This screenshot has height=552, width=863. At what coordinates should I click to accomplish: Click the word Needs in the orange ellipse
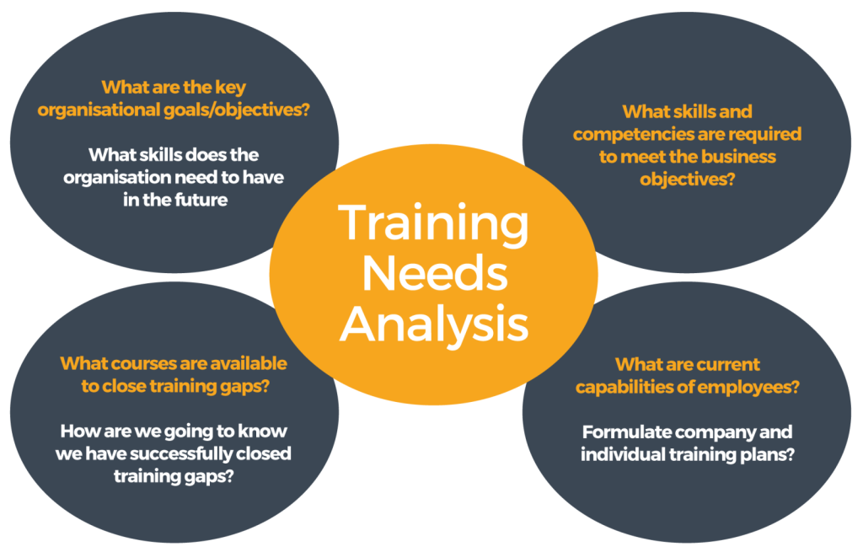point(435,274)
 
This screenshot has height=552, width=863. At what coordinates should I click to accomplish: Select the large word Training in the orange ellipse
point(434,224)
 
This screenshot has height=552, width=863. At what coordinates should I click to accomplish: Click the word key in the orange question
point(230,88)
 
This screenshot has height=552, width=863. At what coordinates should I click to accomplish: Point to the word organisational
point(99,110)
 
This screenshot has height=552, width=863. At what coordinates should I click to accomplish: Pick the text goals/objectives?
point(237,110)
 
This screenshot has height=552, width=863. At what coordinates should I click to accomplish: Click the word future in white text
point(201,199)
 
